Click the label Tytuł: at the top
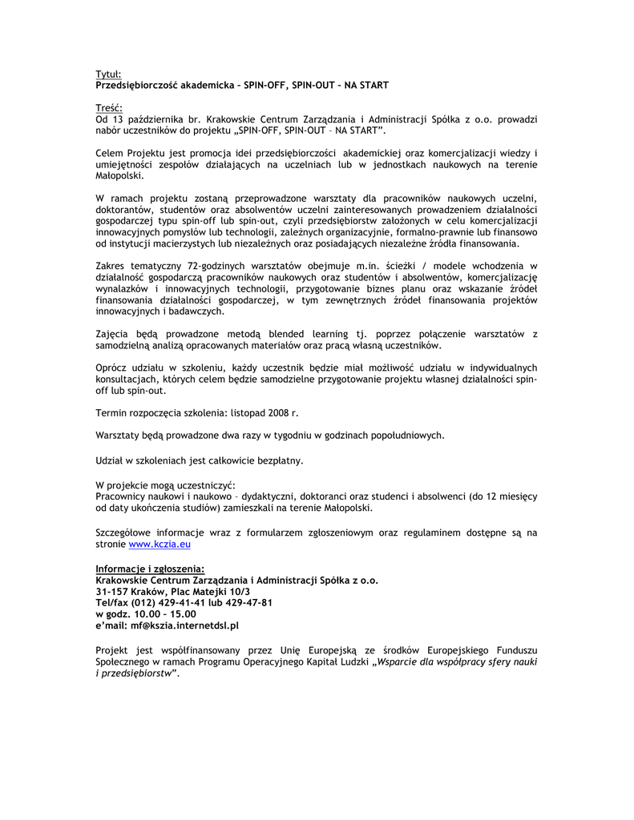point(108,74)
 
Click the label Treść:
point(108,107)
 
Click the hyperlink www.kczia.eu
point(160,544)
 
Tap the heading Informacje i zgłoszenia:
point(150,569)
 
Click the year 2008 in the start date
point(277,412)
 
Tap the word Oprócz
point(111,368)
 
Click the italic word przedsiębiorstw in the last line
point(137,673)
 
